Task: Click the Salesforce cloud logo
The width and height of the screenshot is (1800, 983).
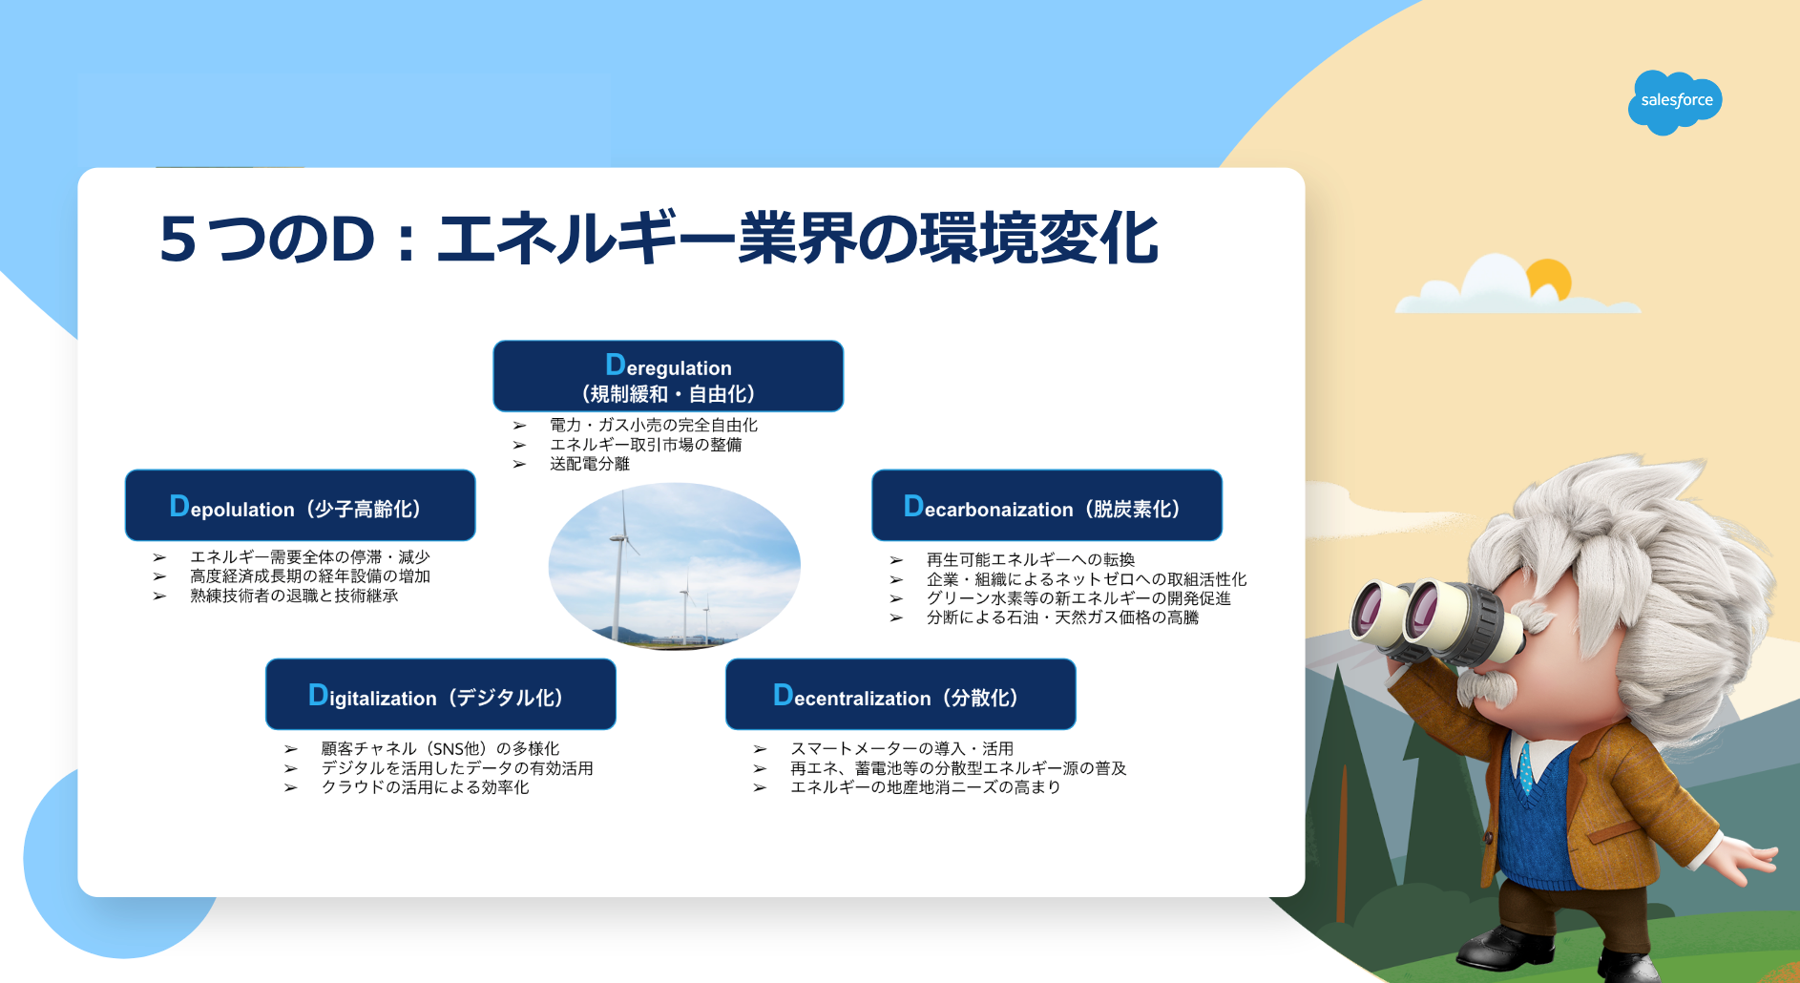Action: click(x=1675, y=101)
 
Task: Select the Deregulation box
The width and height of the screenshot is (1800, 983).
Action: click(x=668, y=376)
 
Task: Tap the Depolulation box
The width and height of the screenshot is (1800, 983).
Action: click(x=300, y=505)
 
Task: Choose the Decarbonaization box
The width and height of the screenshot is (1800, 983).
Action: click(x=1047, y=505)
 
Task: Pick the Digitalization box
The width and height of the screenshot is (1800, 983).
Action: click(x=440, y=694)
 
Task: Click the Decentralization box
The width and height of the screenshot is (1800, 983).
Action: click(x=901, y=694)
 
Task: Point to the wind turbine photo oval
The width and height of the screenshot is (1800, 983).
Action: click(x=674, y=566)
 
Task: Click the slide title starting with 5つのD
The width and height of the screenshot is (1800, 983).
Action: click(x=659, y=238)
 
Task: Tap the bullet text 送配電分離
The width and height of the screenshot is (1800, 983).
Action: click(x=590, y=464)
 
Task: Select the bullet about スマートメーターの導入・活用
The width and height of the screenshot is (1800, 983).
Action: click(x=902, y=749)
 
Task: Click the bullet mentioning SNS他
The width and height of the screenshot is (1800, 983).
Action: click(x=440, y=749)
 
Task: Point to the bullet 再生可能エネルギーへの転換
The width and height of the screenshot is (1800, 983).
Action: click(x=1031, y=560)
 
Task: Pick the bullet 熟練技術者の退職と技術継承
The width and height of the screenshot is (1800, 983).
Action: click(x=294, y=596)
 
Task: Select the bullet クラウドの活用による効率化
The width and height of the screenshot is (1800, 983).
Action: click(x=425, y=787)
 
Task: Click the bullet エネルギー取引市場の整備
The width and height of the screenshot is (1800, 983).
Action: click(x=645, y=445)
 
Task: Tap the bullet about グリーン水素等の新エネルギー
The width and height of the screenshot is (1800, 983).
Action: click(x=1078, y=598)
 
